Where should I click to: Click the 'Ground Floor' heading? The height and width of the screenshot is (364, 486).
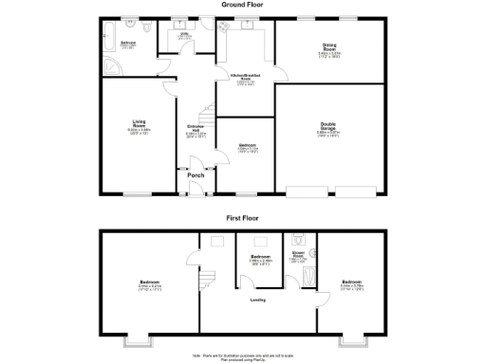click(x=242, y=5)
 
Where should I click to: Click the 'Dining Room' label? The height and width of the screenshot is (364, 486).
click(x=328, y=48)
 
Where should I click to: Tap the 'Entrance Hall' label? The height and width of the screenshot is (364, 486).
click(x=196, y=130)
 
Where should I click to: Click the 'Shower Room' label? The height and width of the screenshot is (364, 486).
click(x=296, y=255)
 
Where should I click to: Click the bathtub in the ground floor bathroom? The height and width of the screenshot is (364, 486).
click(x=106, y=41)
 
